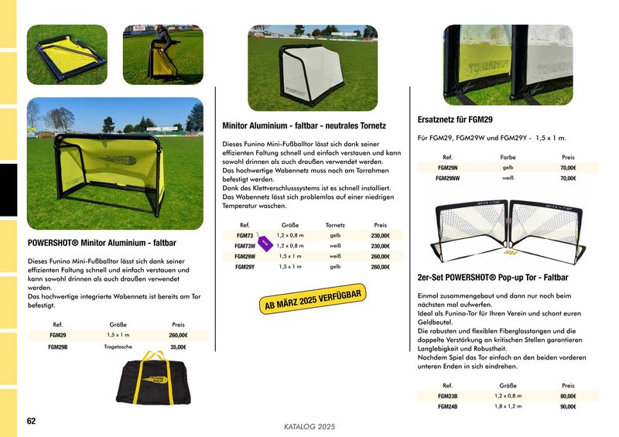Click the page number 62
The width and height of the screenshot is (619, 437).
(31, 421)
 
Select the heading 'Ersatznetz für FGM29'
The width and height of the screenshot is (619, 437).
(455, 120)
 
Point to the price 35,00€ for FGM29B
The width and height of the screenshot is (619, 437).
(178, 347)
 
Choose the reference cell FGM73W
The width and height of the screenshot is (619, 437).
(245, 246)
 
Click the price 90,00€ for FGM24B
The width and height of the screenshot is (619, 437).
(569, 406)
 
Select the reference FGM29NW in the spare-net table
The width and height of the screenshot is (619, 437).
(448, 178)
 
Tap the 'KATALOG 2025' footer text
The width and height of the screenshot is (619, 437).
(309, 426)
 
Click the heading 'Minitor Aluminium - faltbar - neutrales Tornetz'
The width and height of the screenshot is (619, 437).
(304, 125)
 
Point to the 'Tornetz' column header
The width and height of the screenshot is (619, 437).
(336, 225)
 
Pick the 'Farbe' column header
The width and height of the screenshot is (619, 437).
(508, 157)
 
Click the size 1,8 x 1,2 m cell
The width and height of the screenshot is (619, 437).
(508, 406)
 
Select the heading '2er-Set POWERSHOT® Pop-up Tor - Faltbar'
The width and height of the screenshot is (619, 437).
(493, 277)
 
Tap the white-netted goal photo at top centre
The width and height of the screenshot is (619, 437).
(313, 68)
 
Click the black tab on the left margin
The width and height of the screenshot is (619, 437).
(8, 189)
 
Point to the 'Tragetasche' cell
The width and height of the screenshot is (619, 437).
(119, 347)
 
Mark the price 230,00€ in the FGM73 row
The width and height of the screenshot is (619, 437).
(380, 236)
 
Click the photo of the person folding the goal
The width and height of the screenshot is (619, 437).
(162, 54)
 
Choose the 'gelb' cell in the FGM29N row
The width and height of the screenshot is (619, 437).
(508, 167)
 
